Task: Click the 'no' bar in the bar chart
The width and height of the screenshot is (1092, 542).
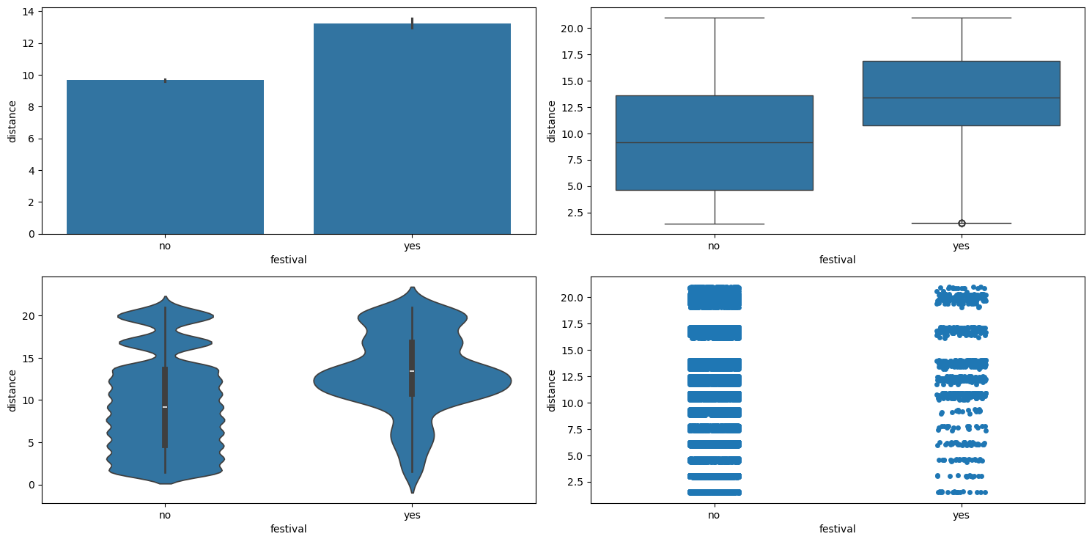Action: click(x=165, y=157)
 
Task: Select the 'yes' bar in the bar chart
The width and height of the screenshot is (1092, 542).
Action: click(x=412, y=128)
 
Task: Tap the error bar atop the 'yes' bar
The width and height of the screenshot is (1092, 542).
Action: click(x=412, y=23)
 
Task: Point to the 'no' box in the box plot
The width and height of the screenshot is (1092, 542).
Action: click(x=714, y=142)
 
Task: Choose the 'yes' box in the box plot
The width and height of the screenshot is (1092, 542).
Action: click(x=961, y=93)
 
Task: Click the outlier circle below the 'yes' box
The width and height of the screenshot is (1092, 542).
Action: click(x=961, y=223)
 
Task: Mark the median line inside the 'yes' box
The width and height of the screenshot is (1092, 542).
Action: click(x=961, y=98)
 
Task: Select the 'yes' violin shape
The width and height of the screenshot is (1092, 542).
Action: click(x=412, y=381)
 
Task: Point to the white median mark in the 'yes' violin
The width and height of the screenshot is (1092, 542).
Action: click(x=412, y=371)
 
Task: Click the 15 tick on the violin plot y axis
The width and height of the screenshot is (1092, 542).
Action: click(x=29, y=358)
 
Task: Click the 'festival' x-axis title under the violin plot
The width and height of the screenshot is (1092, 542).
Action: click(x=288, y=529)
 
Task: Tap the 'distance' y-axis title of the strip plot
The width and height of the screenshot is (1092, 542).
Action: click(x=551, y=390)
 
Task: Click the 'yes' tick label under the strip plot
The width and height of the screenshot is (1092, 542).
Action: click(x=961, y=515)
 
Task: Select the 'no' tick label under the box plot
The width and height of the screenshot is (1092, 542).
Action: click(x=714, y=246)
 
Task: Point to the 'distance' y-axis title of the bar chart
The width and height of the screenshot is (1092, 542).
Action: click(x=12, y=121)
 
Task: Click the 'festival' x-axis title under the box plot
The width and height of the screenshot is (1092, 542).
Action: click(x=837, y=260)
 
